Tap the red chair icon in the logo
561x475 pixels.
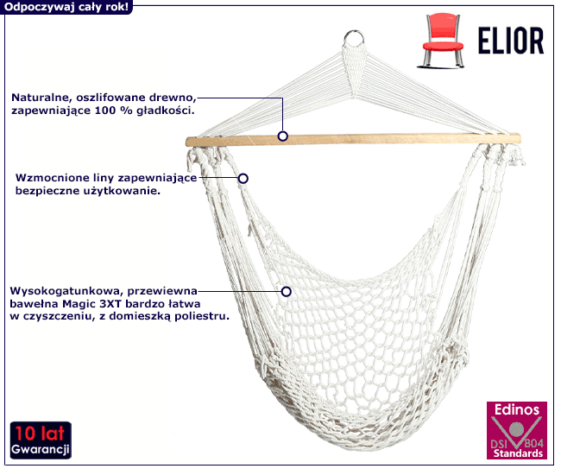tap(443, 41)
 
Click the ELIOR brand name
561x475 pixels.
tap(511, 41)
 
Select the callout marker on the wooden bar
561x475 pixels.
tap(282, 136)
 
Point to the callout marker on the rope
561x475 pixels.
tap(243, 178)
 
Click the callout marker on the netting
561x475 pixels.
tap(286, 292)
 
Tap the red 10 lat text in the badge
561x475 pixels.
tap(40, 434)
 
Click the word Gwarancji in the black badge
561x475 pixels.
tap(40, 449)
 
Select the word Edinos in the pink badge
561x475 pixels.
tap(517, 409)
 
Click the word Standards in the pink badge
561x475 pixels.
tap(518, 453)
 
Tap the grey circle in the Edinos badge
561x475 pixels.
tap(516, 428)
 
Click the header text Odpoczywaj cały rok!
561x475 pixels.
tap(66, 7)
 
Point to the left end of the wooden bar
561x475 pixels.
tap(186, 142)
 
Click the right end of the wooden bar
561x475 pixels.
tap(520, 138)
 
